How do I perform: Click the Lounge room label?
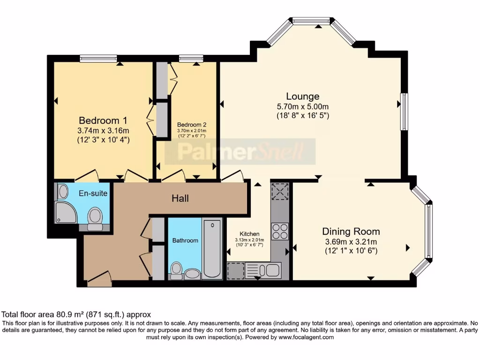(x=302, y=97)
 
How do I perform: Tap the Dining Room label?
(x=351, y=232)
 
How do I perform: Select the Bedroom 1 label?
(x=103, y=120)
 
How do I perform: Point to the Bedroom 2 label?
(x=192, y=125)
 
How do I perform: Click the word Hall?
(x=180, y=198)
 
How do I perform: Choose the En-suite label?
(x=93, y=193)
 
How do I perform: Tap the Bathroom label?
(x=185, y=240)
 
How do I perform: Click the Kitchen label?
(x=249, y=234)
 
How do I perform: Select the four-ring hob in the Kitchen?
(x=280, y=231)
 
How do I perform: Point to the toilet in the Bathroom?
(x=176, y=270)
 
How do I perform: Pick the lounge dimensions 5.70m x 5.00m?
(x=303, y=106)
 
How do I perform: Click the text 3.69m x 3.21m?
(x=351, y=242)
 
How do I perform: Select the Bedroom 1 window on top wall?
(x=98, y=58)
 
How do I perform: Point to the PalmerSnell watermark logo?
(x=240, y=151)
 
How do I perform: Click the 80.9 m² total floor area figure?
(x=69, y=315)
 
